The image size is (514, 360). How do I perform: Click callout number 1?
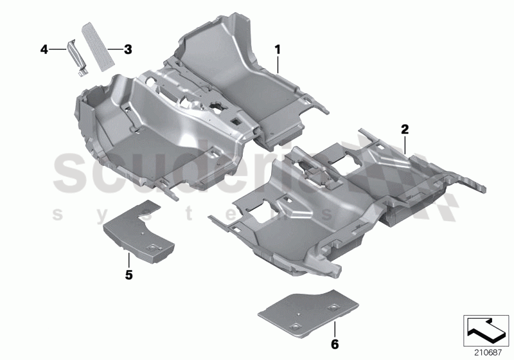point(278,49)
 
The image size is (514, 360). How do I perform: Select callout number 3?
point(128,49)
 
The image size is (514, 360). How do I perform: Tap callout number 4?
point(44,49)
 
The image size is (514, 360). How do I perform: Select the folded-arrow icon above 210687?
point(487,328)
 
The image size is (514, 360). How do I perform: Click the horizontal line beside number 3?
point(114,49)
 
